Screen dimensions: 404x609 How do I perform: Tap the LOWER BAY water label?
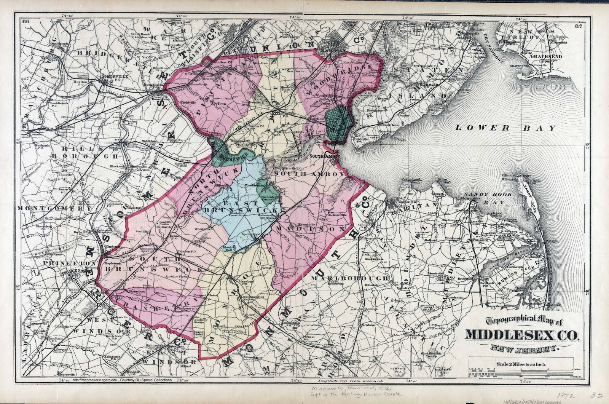point(506,128)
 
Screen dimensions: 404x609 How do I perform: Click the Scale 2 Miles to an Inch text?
point(521,364)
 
